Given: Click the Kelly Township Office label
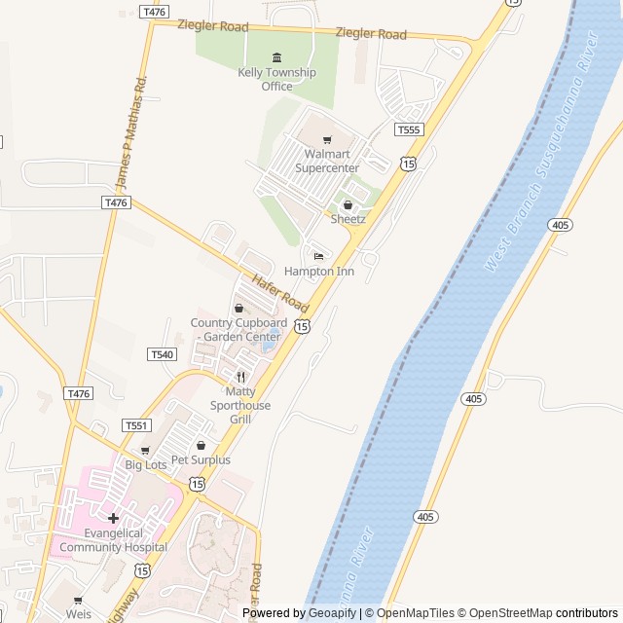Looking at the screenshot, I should pyautogui.click(x=276, y=79).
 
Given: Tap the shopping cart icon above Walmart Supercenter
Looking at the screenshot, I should pyautogui.click(x=327, y=139).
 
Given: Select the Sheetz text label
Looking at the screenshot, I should pyautogui.click(x=348, y=219).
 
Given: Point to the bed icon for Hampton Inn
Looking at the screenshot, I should pyautogui.click(x=318, y=256).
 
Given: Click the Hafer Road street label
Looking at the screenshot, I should pyautogui.click(x=279, y=292).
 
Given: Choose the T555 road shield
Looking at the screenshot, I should pyautogui.click(x=408, y=129).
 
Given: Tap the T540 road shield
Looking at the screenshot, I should pyautogui.click(x=163, y=354).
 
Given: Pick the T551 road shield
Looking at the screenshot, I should pyautogui.click(x=136, y=425).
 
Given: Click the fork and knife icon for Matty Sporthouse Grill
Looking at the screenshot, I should pyautogui.click(x=240, y=377).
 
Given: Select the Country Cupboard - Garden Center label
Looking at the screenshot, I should pyautogui.click(x=238, y=330).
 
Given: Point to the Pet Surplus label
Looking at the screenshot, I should pyautogui.click(x=201, y=459).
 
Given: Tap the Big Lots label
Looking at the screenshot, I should pyautogui.click(x=146, y=465).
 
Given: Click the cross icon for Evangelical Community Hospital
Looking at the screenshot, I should pyautogui.click(x=113, y=518).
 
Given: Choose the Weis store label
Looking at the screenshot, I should pyautogui.click(x=79, y=614).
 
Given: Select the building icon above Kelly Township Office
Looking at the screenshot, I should pyautogui.click(x=276, y=57).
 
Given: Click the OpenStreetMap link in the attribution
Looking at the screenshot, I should pyautogui.click(x=504, y=613).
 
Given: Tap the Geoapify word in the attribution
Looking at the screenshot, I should pyautogui.click(x=332, y=613).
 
